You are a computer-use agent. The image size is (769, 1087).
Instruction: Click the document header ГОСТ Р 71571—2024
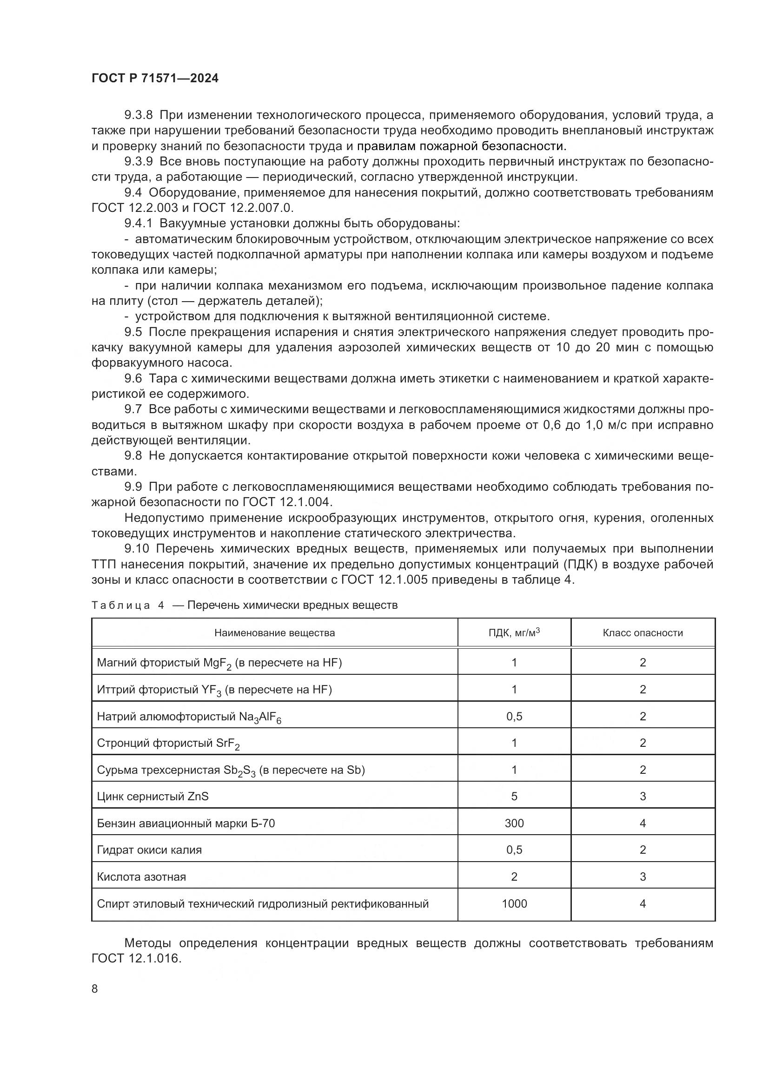pos(155,79)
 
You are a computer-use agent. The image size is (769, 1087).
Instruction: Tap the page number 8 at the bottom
pos(95,988)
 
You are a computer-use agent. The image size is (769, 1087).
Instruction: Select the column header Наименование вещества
pos(274,633)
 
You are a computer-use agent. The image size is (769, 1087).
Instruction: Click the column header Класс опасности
pos(643,633)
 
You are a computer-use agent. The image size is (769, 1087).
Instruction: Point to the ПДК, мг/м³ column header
pos(514,632)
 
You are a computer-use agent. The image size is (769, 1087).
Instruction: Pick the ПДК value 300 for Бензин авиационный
pos(514,823)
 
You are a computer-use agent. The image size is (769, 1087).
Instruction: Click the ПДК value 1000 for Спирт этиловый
pos(514,904)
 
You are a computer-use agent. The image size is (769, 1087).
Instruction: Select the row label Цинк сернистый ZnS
pos(152,797)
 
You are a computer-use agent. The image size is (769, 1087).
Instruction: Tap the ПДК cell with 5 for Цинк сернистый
pos(514,797)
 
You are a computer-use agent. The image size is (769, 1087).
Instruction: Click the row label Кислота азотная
pos(141,877)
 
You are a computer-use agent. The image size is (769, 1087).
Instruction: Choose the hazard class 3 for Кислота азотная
pos(643,877)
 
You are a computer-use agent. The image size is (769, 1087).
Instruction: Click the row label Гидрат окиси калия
pos(149,850)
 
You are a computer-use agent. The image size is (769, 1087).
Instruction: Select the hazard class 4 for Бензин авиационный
pos(643,823)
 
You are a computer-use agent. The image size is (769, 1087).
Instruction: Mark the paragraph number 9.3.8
pos(138,115)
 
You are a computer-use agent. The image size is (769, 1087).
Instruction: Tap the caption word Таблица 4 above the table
pos(127,606)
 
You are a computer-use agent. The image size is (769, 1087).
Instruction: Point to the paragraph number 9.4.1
pos(138,224)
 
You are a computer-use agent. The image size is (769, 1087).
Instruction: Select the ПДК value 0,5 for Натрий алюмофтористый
pos(514,716)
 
